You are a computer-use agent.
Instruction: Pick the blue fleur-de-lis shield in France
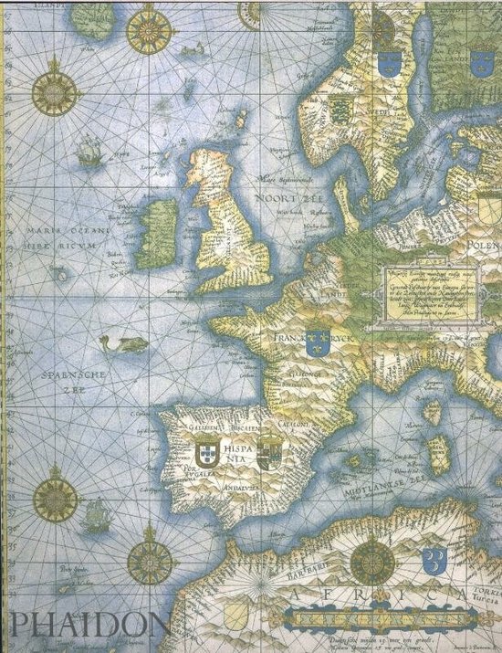(x=317, y=343)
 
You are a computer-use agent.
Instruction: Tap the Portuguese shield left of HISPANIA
(x=206, y=451)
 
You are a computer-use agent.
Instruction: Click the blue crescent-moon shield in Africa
(x=434, y=555)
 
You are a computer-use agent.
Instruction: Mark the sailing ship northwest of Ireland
(x=89, y=150)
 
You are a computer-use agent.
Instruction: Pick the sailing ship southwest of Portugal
(x=95, y=519)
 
